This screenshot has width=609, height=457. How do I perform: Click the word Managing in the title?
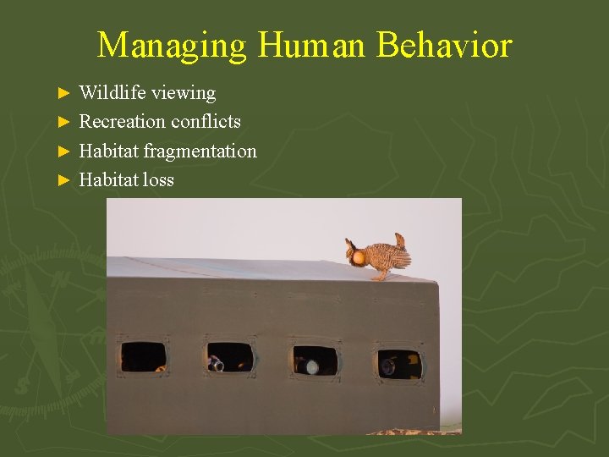click(x=172, y=45)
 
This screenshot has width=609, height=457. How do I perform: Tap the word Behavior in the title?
click(x=445, y=45)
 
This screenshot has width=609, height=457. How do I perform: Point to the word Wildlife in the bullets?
click(x=111, y=92)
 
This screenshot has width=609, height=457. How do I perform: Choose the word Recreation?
click(x=122, y=121)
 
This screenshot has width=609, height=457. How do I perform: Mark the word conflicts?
click(x=206, y=121)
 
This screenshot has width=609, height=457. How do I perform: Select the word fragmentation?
click(x=200, y=151)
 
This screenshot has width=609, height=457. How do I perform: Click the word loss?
click(x=159, y=179)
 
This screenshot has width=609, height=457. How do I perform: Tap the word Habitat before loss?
click(x=108, y=179)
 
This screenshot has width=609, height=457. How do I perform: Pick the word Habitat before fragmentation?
click(x=108, y=151)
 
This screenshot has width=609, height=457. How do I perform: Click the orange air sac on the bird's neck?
click(x=359, y=256)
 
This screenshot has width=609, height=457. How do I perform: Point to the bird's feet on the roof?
click(x=381, y=276)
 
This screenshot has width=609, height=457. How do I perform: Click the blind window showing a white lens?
click(x=315, y=361)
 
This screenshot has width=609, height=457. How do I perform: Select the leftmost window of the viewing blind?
click(x=143, y=357)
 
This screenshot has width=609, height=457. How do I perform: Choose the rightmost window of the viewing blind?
click(x=399, y=364)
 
